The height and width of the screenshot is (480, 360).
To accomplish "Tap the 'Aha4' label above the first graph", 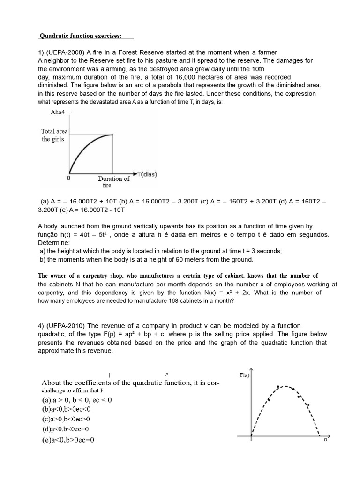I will tap(58, 112).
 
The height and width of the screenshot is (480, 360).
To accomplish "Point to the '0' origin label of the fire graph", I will tap(68, 178).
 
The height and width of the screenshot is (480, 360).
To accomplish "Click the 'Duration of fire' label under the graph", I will tap(113, 181).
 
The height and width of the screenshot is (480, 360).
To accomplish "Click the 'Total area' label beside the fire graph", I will tap(54, 131).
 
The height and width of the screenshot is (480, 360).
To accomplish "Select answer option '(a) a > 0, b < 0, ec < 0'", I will tap(76, 400).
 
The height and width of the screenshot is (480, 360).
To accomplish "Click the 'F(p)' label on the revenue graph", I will tap(245, 375).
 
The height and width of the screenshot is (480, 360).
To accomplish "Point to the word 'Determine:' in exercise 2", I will tap(53, 243).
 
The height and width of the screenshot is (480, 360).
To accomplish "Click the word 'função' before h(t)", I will tap(49, 234).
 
